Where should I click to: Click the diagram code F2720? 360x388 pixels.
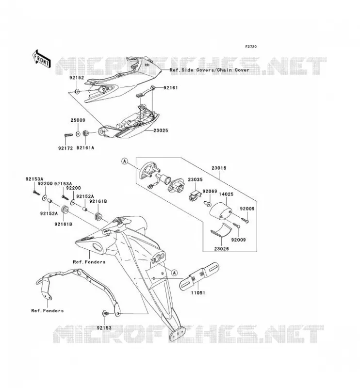click(251, 47)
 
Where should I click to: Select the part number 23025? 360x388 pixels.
click(161, 130)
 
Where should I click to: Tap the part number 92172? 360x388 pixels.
click(65, 148)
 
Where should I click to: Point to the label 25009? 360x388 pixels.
click(78, 120)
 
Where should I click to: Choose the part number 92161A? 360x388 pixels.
click(85, 148)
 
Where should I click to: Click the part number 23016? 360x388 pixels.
click(219, 168)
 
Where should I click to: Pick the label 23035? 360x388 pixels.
click(195, 179)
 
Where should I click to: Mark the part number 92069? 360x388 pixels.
click(210, 191)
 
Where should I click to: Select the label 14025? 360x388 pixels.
click(226, 194)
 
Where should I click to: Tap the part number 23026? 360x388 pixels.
click(221, 249)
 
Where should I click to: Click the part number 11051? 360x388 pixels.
click(198, 293)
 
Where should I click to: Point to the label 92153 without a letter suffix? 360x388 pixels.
click(104, 328)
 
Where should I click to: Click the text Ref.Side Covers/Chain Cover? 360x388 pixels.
click(210, 70)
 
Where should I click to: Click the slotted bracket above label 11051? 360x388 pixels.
click(199, 276)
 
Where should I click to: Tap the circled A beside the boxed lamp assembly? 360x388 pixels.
click(125, 162)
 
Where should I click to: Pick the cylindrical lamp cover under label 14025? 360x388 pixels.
click(221, 211)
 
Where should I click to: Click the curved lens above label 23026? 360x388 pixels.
click(221, 230)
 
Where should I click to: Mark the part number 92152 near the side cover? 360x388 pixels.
click(77, 78)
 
